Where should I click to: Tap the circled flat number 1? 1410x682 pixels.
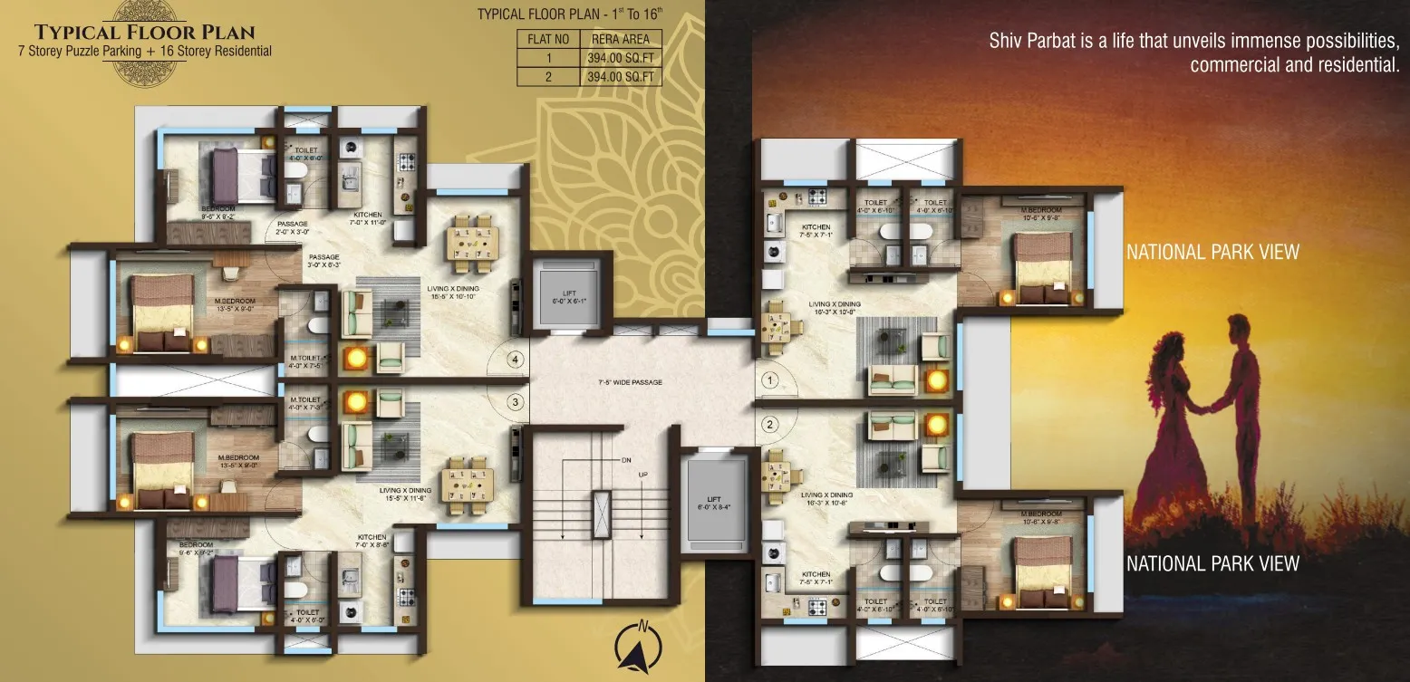pyautogui.click(x=770, y=381)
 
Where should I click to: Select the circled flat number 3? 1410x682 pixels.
pyautogui.click(x=515, y=401)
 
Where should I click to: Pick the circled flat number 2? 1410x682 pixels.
pyautogui.click(x=770, y=423)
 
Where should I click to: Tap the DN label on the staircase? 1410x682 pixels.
pyautogui.click(x=625, y=461)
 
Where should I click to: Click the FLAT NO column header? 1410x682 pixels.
pyautogui.click(x=547, y=40)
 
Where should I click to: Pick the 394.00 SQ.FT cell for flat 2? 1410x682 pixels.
pyautogui.click(x=621, y=77)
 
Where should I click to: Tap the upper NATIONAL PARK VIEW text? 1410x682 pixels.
pyautogui.click(x=1212, y=252)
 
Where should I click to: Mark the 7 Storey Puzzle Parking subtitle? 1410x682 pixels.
pyautogui.click(x=80, y=52)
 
